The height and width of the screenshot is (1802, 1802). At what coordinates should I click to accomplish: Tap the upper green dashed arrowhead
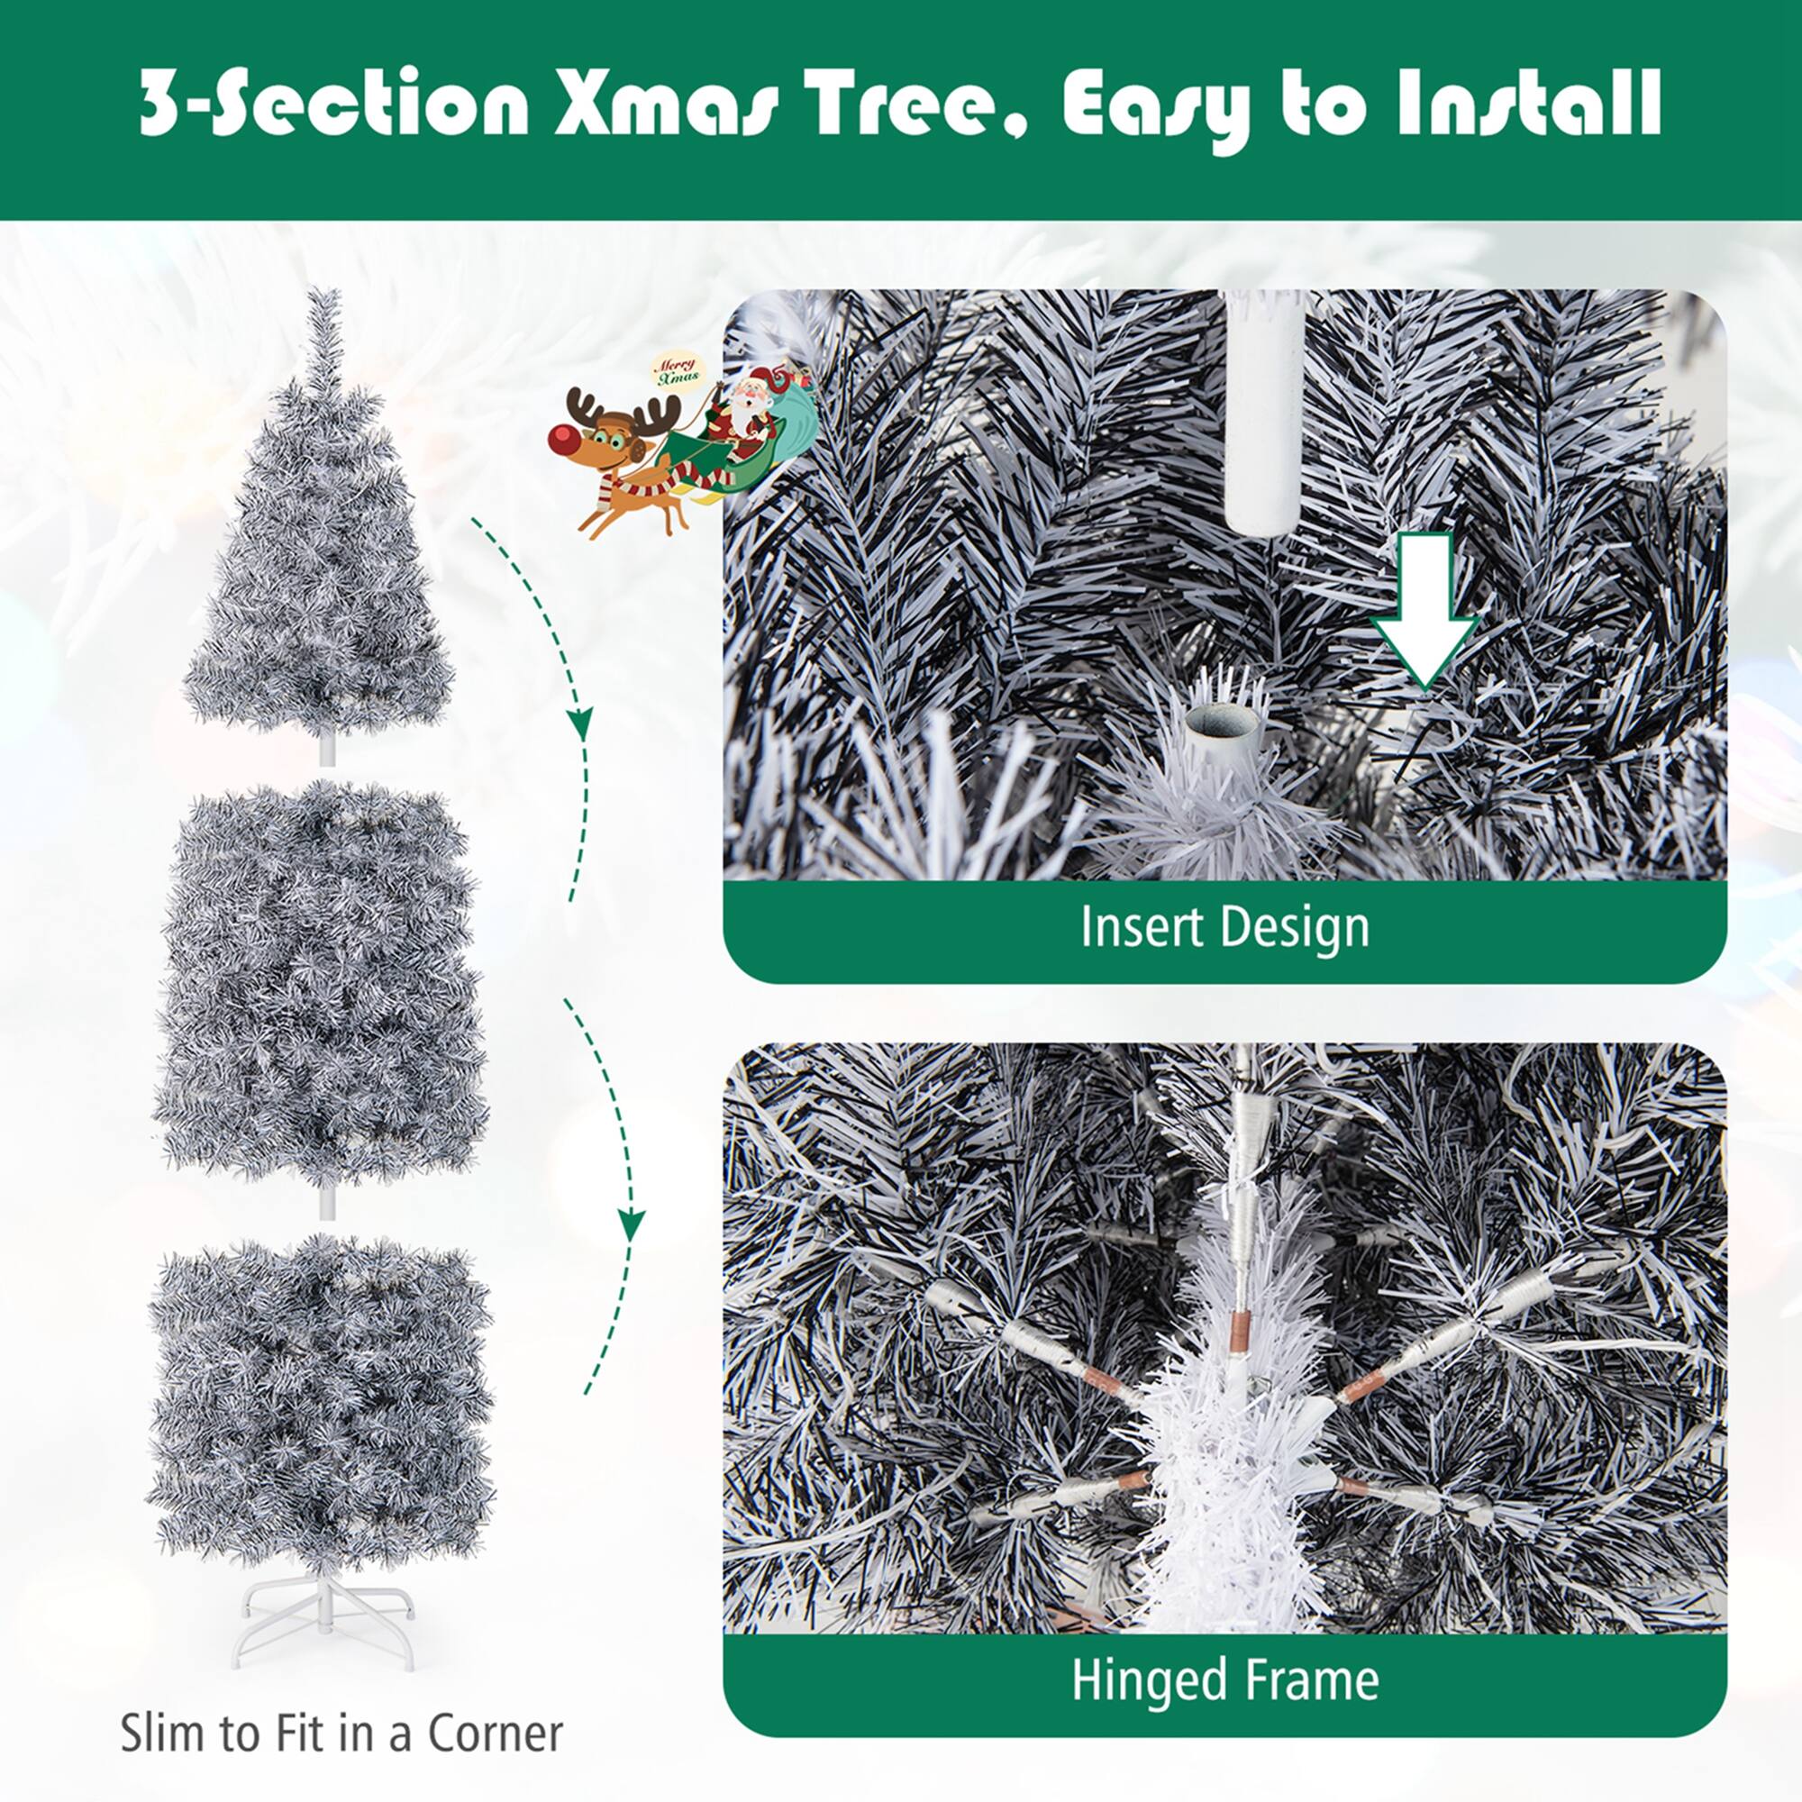click(580, 723)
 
